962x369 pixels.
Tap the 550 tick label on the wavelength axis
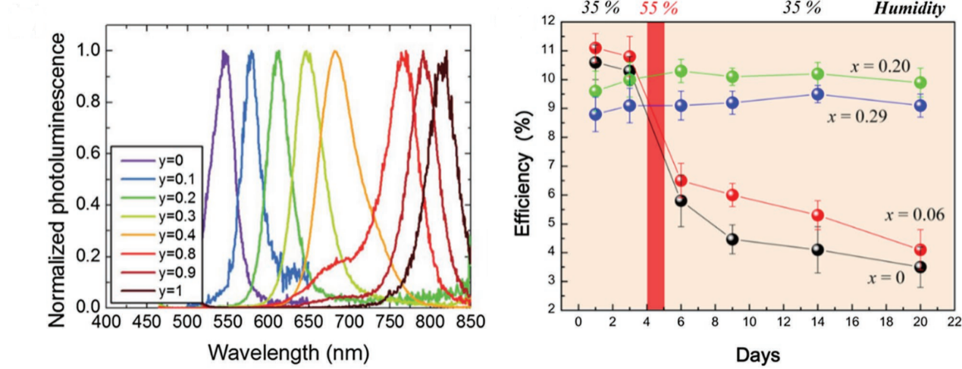click(227, 323)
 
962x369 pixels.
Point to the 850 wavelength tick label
click(471, 323)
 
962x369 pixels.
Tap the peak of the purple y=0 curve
click(224, 52)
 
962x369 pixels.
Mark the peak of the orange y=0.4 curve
click(335, 52)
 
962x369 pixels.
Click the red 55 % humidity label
click(658, 9)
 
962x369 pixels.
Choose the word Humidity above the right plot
click(919, 9)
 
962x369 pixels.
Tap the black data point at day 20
click(920, 267)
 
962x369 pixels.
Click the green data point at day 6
click(681, 71)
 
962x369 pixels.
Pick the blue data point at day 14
click(817, 95)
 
